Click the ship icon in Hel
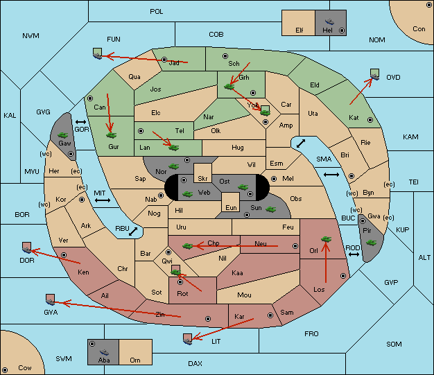click(x=329, y=21)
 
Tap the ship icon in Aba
click(x=104, y=352)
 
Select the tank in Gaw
click(x=63, y=135)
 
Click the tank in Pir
click(x=371, y=243)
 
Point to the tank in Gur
click(x=112, y=135)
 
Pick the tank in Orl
click(x=326, y=239)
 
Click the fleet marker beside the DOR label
click(x=26, y=247)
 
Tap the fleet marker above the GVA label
click(x=50, y=299)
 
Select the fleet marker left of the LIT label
click(x=187, y=339)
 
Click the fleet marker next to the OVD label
click(x=375, y=74)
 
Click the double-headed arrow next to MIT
click(x=103, y=200)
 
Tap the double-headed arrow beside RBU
click(x=133, y=232)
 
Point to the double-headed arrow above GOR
click(x=80, y=122)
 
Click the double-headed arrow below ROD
click(x=354, y=254)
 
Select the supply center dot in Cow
click(x=5, y=369)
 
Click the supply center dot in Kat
click(x=370, y=120)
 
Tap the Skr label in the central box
click(x=202, y=179)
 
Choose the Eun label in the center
click(x=231, y=207)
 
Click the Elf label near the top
click(x=300, y=30)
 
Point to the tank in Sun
click(x=270, y=209)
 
